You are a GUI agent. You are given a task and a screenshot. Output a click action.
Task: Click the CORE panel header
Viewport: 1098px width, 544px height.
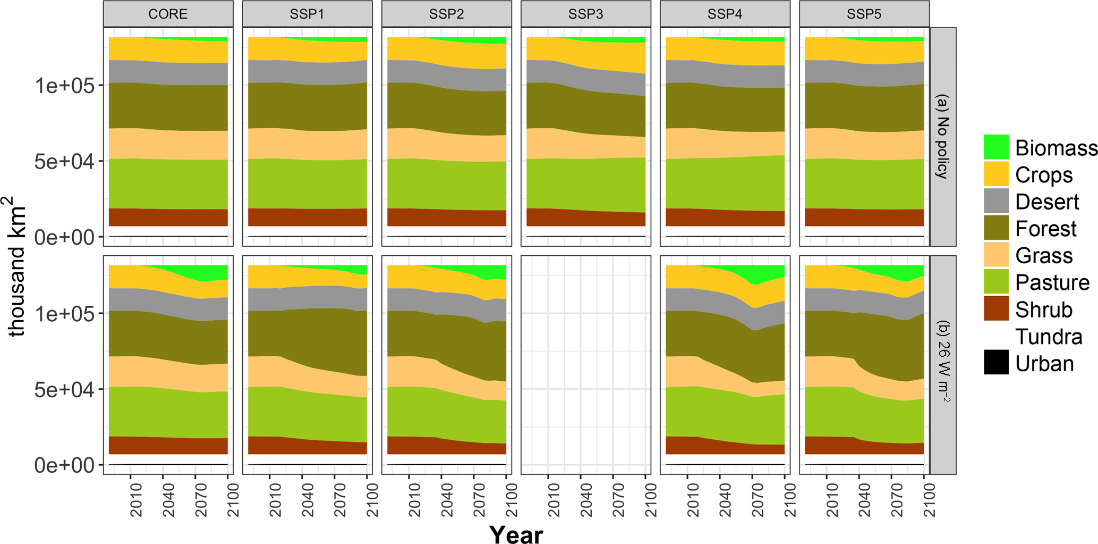coord(168,14)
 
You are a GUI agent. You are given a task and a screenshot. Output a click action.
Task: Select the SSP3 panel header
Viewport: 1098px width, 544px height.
coord(585,14)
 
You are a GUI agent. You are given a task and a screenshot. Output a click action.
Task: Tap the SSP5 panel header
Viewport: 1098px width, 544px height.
coord(864,14)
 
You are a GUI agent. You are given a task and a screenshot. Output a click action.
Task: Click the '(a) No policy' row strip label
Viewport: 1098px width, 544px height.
coord(943,137)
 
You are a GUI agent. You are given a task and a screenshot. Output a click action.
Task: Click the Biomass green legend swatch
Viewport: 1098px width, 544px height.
coord(996,147)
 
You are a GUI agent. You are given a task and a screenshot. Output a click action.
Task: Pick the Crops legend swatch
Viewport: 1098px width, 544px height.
coord(996,174)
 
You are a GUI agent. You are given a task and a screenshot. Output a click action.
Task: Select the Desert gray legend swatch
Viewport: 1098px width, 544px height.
coord(996,202)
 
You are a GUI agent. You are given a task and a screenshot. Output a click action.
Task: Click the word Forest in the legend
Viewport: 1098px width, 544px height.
coord(1045,229)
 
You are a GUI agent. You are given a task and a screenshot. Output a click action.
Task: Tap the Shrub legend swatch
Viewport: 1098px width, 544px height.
coord(996,309)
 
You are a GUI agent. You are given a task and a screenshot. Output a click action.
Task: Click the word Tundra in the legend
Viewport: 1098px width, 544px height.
coord(1049,337)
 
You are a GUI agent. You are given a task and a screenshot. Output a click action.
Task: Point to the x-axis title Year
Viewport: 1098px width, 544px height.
coord(516,534)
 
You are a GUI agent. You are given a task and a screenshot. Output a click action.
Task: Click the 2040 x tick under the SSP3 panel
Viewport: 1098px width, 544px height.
coord(586,500)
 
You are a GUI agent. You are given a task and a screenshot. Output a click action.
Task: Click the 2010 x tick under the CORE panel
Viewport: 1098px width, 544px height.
coord(136,500)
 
